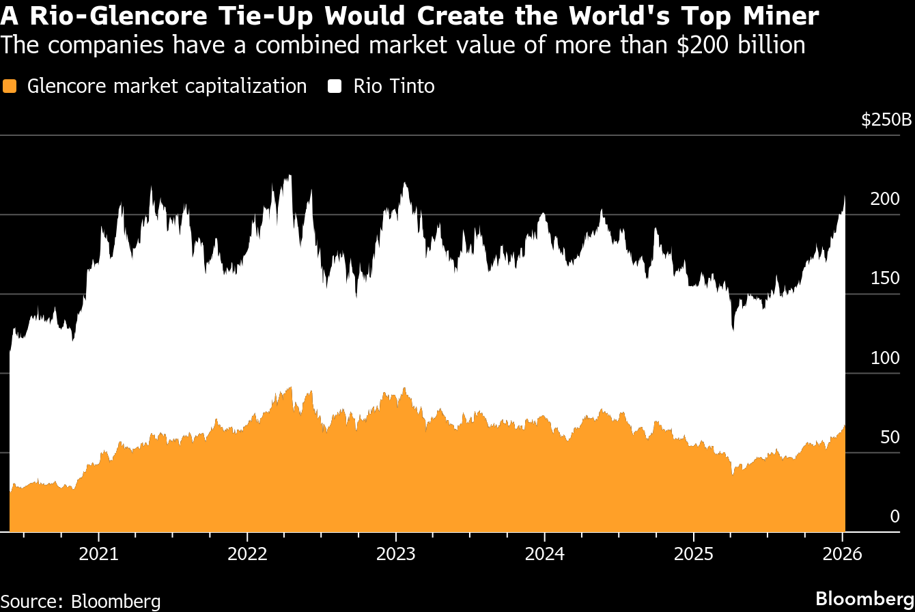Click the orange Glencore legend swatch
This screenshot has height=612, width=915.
pyautogui.click(x=10, y=87)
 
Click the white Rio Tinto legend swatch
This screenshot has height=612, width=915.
pyautogui.click(x=335, y=87)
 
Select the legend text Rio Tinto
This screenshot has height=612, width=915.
pyautogui.click(x=394, y=87)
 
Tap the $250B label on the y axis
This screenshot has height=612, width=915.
pyautogui.click(x=886, y=120)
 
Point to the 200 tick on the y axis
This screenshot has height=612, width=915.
pyautogui.click(x=886, y=199)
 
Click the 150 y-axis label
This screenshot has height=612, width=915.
pyautogui.click(x=886, y=279)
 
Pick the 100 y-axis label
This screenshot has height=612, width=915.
pyautogui.click(x=886, y=358)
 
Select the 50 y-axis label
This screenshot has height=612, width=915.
pyautogui.click(x=890, y=437)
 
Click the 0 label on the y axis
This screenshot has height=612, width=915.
pyautogui.click(x=895, y=516)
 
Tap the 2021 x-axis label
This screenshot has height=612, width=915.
pyautogui.click(x=98, y=554)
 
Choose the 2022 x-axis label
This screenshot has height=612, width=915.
pyautogui.click(x=247, y=554)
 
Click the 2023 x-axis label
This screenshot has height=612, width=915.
pyautogui.click(x=396, y=554)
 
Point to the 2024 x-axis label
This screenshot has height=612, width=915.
pyautogui.click(x=544, y=554)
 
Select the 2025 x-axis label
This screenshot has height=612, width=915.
pyautogui.click(x=693, y=554)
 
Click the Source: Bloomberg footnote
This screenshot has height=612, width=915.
pyautogui.click(x=81, y=601)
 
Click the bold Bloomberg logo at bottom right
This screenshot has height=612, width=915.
pyautogui.click(x=865, y=598)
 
